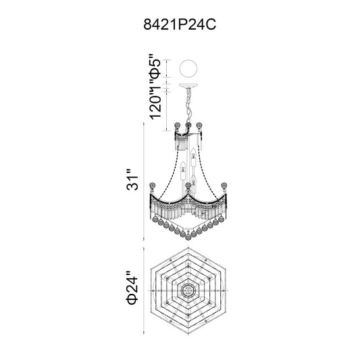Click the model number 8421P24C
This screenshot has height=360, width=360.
pyautogui.click(x=180, y=24)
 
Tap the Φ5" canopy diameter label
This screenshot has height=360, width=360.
pyautogui.click(x=155, y=67)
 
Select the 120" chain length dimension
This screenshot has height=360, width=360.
pyautogui.click(x=155, y=103)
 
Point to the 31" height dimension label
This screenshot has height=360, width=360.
pyautogui.click(x=132, y=180)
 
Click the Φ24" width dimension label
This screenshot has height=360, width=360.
pyautogui.click(x=132, y=288)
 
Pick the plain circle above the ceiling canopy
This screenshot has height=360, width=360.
pyautogui.click(x=188, y=68)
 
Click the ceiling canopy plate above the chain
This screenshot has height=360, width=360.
pyautogui.click(x=188, y=85)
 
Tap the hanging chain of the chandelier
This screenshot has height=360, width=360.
pyautogui.click(x=188, y=105)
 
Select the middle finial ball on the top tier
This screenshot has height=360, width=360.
pyautogui.click(x=188, y=126)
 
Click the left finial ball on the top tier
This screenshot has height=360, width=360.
pyautogui.click(x=177, y=126)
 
